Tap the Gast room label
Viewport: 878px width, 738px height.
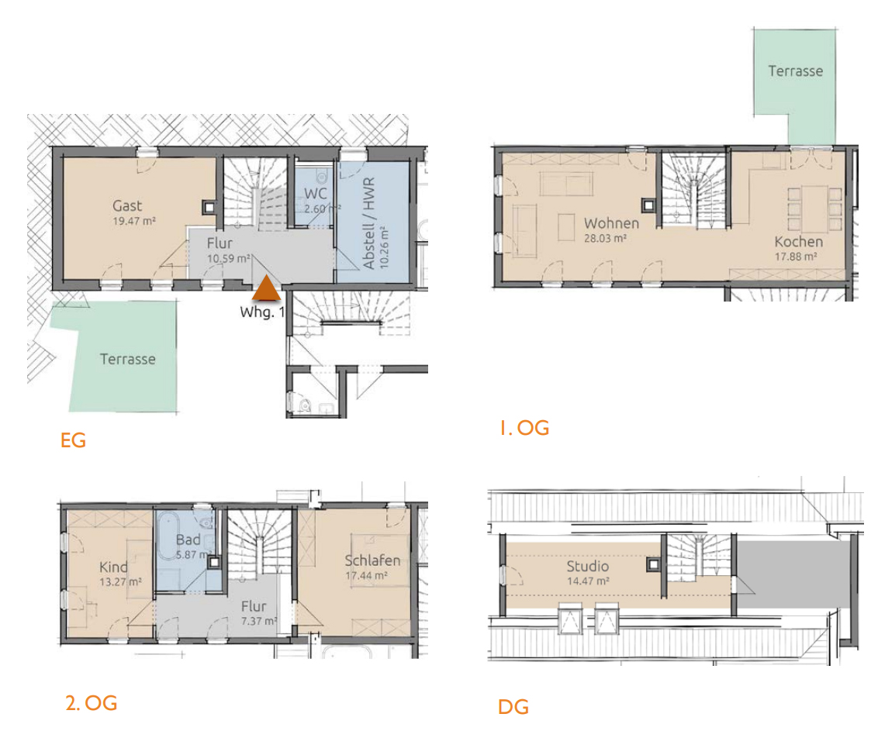[127, 206]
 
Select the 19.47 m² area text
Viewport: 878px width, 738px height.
[134, 221]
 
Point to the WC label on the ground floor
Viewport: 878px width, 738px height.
[315, 194]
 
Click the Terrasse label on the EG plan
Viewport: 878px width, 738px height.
[128, 359]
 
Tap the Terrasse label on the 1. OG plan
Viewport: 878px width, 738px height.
[796, 71]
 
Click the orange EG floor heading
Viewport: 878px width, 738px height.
[74, 440]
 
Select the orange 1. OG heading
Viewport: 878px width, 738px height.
[524, 428]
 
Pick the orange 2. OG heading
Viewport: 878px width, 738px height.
[92, 703]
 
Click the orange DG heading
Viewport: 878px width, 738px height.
[513, 707]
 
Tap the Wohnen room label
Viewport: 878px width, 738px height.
[611, 223]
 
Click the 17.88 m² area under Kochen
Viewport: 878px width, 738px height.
[796, 257]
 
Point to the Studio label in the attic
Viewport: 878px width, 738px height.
[587, 566]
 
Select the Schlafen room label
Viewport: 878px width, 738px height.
[372, 560]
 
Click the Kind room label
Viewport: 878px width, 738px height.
[114, 567]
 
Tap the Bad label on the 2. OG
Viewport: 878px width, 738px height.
[188, 540]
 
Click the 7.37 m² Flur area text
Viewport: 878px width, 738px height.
[259, 621]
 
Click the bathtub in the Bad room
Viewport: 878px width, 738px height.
[168, 536]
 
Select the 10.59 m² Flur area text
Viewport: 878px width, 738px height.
[229, 258]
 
